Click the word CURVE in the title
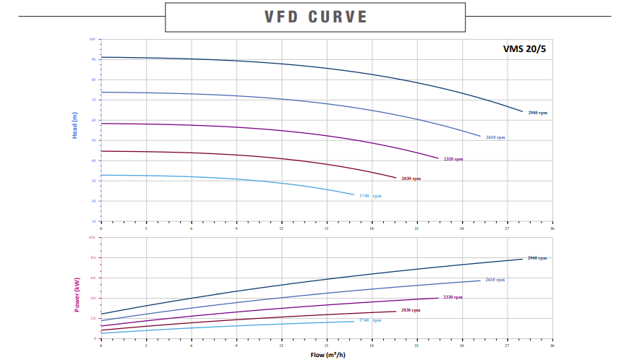tap(337, 17)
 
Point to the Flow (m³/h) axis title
tap(327, 354)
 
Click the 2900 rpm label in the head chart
tap(537, 113)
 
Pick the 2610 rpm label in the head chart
tap(495, 137)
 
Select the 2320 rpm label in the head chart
tap(453, 159)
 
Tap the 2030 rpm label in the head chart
tap(411, 179)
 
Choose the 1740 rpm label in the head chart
tap(370, 196)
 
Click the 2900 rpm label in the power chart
tap(537, 258)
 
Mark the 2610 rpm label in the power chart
tap(495, 280)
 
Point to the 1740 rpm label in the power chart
tap(370, 320)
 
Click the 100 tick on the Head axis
tap(93, 39)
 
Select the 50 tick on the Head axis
tap(93, 140)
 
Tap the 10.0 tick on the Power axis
tap(92, 237)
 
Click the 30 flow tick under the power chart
tap(552, 347)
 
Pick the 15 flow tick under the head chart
tap(327, 228)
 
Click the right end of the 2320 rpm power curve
tap(438, 298)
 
